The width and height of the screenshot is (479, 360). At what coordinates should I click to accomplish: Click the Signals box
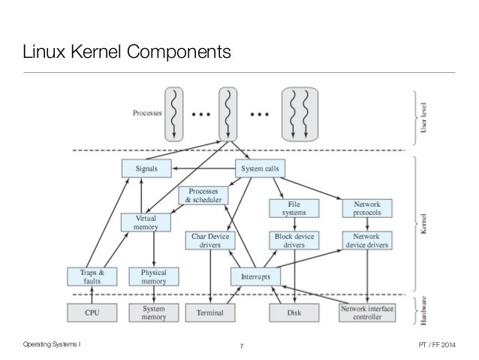click(146, 169)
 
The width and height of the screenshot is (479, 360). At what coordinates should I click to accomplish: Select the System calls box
click(259, 169)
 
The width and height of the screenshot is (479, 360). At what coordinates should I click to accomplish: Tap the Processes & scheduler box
click(203, 197)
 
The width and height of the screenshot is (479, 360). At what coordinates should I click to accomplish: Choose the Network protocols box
click(366, 209)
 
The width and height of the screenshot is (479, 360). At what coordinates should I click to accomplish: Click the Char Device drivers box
click(210, 240)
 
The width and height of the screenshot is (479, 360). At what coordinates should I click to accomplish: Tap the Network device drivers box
click(366, 240)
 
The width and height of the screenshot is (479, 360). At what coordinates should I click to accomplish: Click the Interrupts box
click(255, 277)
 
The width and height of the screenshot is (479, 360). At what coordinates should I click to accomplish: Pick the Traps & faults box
click(92, 277)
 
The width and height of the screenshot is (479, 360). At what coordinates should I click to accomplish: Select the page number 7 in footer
click(240, 346)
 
